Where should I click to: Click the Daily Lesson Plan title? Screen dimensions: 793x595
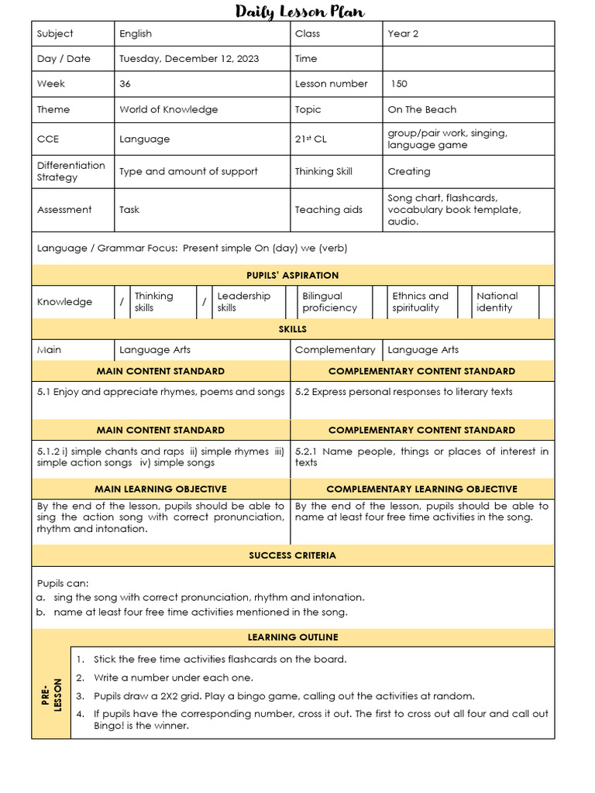coord(300,11)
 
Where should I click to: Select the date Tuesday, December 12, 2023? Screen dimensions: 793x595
coord(189,59)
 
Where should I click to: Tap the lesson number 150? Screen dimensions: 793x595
coord(399,84)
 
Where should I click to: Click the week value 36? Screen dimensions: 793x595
coord(126,84)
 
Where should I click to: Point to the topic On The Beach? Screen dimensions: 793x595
coord(421,110)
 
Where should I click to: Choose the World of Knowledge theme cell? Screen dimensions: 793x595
coord(168,110)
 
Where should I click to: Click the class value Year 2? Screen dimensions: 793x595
coord(404,34)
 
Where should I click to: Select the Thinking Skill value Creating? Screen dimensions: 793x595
coord(408,172)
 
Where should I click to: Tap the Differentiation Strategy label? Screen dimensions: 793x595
coord(71,172)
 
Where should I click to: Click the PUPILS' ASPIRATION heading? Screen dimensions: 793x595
coord(292,276)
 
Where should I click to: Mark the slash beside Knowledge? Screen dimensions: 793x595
coord(121,302)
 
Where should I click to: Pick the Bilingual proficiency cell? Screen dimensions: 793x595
coord(329,302)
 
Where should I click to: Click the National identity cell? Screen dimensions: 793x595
coord(497,302)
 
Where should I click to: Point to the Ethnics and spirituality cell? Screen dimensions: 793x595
coord(420,302)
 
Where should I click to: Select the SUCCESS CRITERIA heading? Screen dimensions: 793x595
coord(292,556)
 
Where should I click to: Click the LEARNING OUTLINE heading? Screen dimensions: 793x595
coord(292,637)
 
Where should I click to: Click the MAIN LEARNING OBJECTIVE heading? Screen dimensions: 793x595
coord(160,489)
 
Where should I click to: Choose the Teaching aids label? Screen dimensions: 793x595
coord(328,210)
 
